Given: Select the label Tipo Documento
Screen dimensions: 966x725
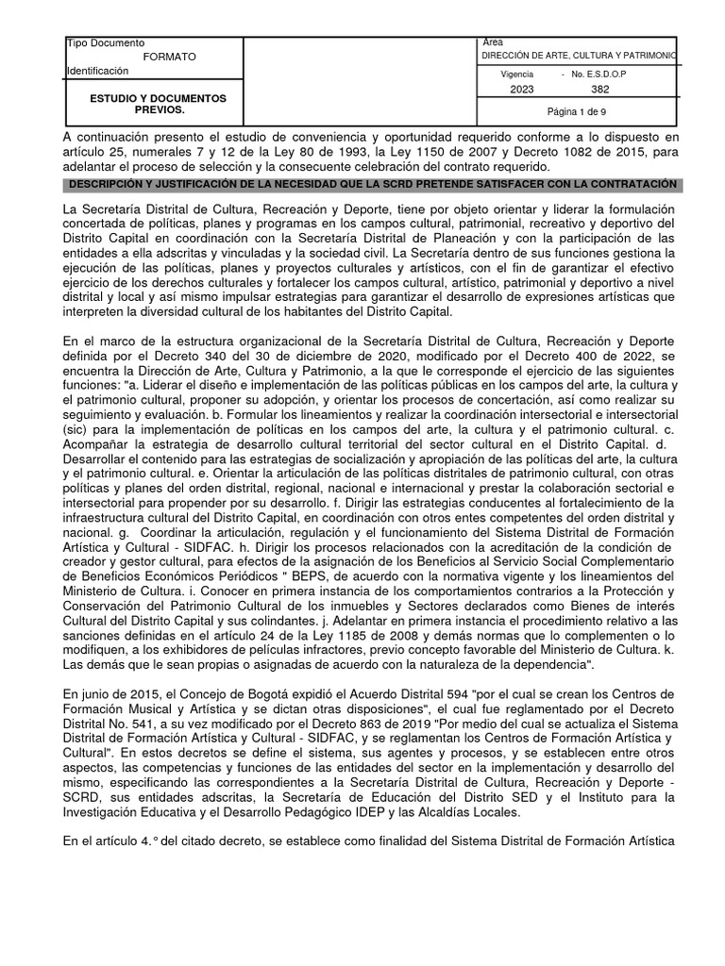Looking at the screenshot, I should point(105,43).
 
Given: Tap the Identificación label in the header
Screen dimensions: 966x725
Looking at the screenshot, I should point(97,72).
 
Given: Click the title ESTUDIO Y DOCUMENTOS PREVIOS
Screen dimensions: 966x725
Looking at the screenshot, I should point(158,104).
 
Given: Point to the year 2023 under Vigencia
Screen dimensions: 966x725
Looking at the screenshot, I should point(521,90).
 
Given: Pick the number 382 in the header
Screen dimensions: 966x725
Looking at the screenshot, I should point(599,90).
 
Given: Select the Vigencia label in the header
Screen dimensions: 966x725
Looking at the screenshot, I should point(516,74).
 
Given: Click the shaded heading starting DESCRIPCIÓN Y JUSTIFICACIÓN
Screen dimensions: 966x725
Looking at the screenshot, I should point(369,183).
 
